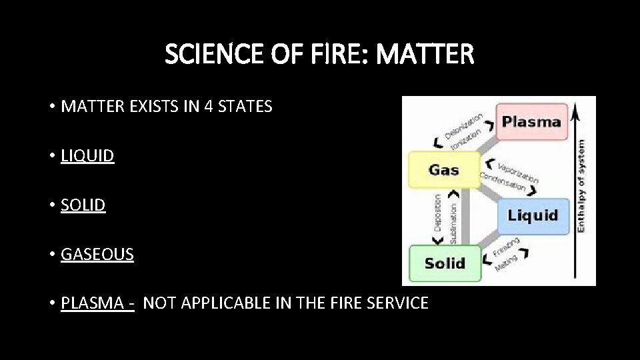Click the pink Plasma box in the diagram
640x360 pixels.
(531, 122)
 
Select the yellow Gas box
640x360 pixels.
(443, 169)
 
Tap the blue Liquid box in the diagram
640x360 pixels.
(533, 215)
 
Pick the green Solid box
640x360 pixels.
(445, 263)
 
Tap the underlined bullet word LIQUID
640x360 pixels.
(87, 156)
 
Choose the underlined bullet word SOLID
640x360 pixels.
(83, 205)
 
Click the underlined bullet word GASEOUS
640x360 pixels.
(97, 254)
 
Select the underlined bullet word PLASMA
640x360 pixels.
(91, 303)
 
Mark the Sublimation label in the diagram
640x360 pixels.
(454, 221)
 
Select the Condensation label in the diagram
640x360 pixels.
(504, 181)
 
